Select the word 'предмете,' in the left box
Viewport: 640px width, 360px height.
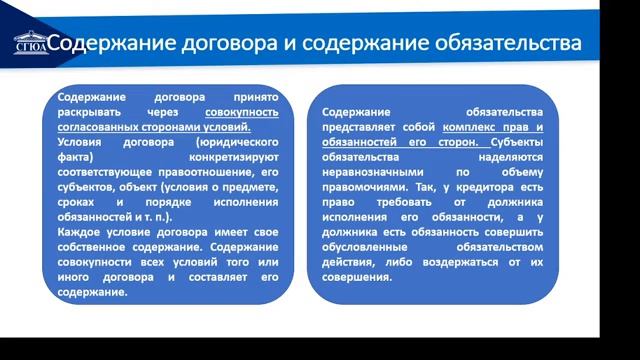coord(251,186)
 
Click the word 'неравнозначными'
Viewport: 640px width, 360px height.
coord(377,172)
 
